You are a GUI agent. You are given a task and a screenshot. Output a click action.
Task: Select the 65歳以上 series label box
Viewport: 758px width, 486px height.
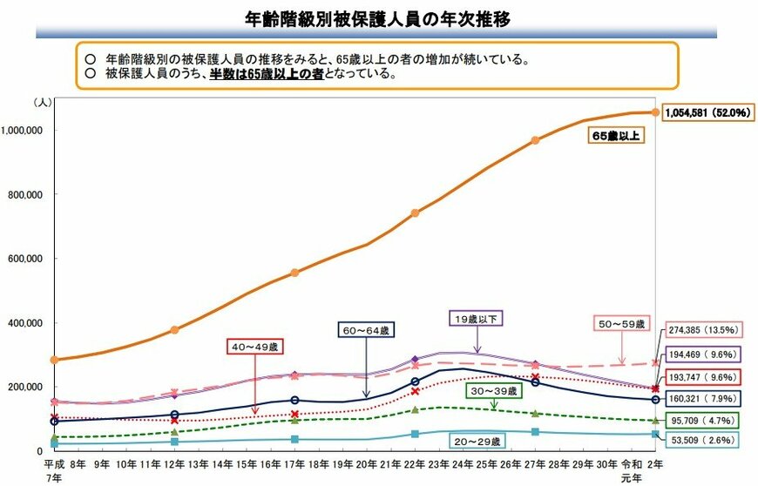coord(616,137)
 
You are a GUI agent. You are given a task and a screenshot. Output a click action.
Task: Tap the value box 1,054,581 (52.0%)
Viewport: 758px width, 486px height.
coord(707,113)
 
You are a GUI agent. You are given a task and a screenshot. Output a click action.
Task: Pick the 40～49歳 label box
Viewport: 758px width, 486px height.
coord(254,348)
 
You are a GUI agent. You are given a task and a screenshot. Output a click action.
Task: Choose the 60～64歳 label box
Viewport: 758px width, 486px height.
coord(366,330)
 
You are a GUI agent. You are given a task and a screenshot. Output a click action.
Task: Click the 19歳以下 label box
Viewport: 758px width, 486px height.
coord(477,320)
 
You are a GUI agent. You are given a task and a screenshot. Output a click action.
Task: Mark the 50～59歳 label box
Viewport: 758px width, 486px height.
coord(619,324)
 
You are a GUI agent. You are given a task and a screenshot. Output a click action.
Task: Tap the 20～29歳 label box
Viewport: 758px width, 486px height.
coord(477,442)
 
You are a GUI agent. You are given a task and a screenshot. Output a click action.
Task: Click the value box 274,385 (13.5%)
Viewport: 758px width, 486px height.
coord(705,330)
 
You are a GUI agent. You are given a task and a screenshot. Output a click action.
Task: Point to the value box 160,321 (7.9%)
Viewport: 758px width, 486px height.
coord(705,398)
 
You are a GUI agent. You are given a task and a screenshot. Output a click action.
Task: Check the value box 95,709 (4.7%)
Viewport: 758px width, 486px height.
coord(704,419)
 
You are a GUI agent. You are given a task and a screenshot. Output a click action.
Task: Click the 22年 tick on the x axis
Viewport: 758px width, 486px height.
coord(415,464)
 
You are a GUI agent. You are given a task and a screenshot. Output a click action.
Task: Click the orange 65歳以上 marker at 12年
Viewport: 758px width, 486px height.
coord(174,330)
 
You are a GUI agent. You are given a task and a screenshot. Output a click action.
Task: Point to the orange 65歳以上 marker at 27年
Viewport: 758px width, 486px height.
coord(535,140)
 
